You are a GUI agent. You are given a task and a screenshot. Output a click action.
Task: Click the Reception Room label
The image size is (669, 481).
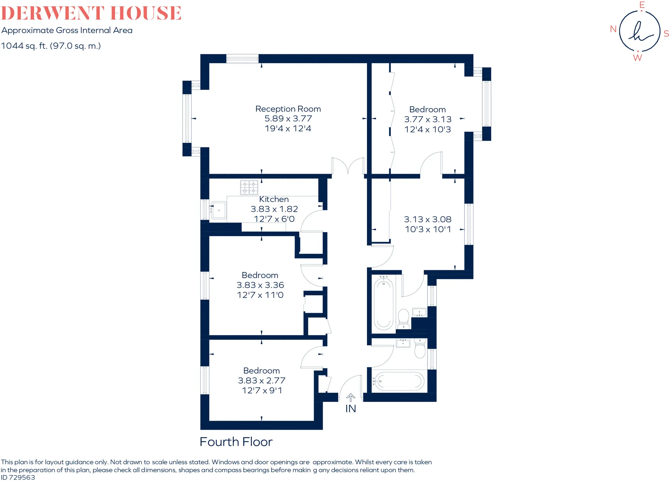pyautogui.click(x=288, y=109)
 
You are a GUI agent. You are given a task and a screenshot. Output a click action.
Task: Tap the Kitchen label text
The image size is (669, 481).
pyautogui.click(x=274, y=199)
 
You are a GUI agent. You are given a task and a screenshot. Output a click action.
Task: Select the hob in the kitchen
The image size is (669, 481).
pyautogui.click(x=249, y=187)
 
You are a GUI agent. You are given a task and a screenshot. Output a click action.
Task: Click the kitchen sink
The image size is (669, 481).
pyautogui.click(x=218, y=210)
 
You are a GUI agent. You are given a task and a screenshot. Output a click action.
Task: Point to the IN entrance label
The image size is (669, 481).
pyautogui.click(x=351, y=409)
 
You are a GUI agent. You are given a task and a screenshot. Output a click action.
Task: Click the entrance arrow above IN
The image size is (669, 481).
pyautogui.click(x=351, y=398)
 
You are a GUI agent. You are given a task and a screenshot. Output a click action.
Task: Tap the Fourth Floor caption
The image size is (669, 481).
pyautogui.click(x=236, y=442)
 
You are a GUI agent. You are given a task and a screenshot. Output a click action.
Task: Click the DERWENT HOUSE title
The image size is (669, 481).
pyautogui.click(x=91, y=13)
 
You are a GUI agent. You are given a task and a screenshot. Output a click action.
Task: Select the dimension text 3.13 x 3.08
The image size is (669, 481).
pyautogui.click(x=428, y=219)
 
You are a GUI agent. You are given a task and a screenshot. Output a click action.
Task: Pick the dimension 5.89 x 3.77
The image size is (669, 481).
pyautogui.click(x=288, y=119)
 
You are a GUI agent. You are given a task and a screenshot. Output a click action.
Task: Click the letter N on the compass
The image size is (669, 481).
pyautogui.click(x=613, y=29)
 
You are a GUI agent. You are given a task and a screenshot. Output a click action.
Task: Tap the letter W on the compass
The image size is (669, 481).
pyautogui.click(x=637, y=58)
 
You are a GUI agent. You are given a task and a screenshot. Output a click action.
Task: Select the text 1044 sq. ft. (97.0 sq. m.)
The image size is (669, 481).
pyautogui.click(x=51, y=46)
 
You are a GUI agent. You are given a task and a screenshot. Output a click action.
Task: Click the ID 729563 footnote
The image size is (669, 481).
pyautogui.click(x=18, y=478)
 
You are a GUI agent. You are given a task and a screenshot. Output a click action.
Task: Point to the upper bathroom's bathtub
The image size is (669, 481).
pyautogui.click(x=383, y=303)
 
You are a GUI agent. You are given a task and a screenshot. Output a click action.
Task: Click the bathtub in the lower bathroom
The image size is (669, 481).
pyautogui.click(x=399, y=381)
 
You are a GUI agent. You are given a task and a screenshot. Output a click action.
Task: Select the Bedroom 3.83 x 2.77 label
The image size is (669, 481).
pyautogui.click(x=262, y=380)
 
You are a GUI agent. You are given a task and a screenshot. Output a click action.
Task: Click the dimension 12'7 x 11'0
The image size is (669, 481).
pyautogui.click(x=260, y=295)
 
